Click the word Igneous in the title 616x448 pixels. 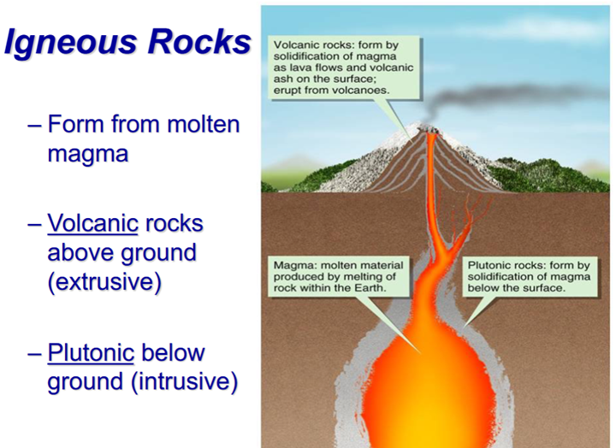click(73, 43)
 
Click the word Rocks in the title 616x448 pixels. click(199, 41)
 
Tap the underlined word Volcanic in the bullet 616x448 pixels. click(92, 223)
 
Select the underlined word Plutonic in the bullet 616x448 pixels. click(91, 352)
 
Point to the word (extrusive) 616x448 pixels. click(104, 281)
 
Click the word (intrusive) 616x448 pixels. click(184, 381)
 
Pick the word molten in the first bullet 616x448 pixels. click(204, 124)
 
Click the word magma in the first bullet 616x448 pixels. click(87, 154)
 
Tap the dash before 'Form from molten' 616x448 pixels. click(34, 126)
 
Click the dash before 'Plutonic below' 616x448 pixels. click(34, 353)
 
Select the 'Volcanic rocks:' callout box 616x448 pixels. click(344, 68)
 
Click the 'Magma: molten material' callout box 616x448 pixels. click(338, 276)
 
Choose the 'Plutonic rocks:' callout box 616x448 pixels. click(530, 276)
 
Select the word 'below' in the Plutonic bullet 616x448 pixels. click(173, 352)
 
